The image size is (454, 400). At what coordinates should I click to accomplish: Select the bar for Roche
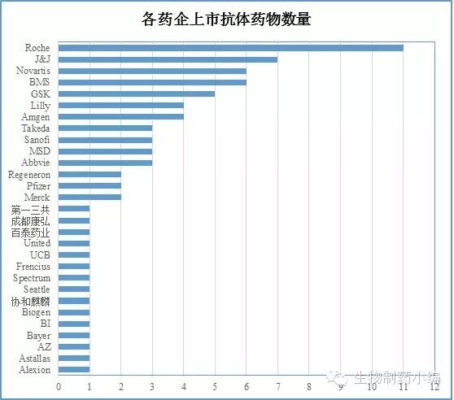pos(230,48)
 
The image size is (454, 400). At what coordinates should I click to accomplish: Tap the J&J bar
pos(168,59)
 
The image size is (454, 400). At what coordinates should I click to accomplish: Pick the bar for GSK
pos(137,93)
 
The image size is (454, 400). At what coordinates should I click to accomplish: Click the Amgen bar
pos(120,117)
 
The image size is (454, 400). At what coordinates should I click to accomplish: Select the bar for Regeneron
pos(89,174)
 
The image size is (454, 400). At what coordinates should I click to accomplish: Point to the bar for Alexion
pos(74,370)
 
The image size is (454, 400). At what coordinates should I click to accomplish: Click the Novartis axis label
pos(32,71)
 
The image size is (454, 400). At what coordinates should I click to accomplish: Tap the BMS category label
pos(39,82)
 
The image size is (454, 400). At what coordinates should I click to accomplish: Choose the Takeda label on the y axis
pos(36,128)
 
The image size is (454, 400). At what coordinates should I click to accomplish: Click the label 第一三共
pos(31,209)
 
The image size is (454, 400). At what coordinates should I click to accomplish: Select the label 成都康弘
pos(31,220)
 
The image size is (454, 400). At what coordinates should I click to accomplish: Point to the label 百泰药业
pos(31,232)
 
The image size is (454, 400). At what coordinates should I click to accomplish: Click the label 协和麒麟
pos(31,301)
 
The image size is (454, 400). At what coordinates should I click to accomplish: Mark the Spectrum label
pos(32,278)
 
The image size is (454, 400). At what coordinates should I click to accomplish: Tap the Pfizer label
pos(38,186)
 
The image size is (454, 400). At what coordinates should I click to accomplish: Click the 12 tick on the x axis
pos(434,387)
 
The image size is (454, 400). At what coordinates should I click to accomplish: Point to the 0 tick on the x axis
pos(59,387)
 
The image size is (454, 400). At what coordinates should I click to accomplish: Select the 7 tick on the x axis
pos(277,387)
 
